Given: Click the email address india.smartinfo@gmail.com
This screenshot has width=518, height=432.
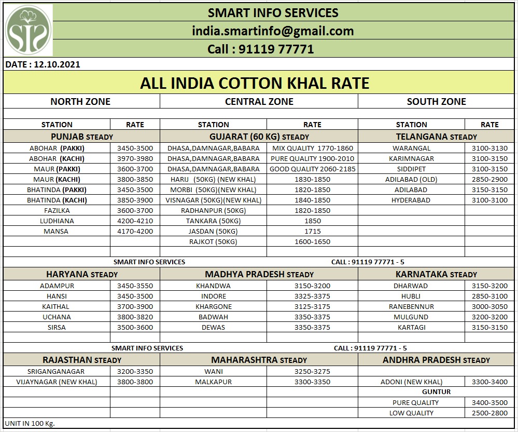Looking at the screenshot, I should (273, 31).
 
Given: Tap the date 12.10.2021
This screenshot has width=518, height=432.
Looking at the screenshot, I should (42, 65).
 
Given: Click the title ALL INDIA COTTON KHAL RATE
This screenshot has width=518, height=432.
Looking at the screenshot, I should (255, 83).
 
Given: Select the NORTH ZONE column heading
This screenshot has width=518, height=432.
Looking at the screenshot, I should (80, 102).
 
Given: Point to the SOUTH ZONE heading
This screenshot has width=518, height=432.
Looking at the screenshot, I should (436, 102).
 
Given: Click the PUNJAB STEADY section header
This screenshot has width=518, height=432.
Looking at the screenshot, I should (82, 137).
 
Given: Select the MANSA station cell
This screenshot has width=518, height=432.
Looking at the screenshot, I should (56, 231).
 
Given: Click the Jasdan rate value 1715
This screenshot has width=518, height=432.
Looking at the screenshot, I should (313, 231).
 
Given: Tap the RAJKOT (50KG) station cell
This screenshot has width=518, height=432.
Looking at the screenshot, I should (213, 241).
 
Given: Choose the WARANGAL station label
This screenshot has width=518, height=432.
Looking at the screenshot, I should (411, 148).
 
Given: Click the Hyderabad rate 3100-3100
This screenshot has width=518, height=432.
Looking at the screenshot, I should (489, 200).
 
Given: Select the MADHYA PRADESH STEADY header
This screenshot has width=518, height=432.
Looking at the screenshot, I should (259, 274).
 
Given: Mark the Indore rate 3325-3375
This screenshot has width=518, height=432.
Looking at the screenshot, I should (312, 296).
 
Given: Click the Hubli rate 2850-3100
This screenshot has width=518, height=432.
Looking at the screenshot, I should (489, 296).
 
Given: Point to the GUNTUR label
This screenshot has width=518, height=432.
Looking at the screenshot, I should (436, 392).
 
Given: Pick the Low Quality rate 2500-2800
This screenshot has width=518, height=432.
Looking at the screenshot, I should (489, 413).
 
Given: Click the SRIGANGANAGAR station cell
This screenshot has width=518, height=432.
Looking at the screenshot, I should (56, 371).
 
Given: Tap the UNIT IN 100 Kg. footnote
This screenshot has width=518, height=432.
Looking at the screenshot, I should (30, 423).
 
